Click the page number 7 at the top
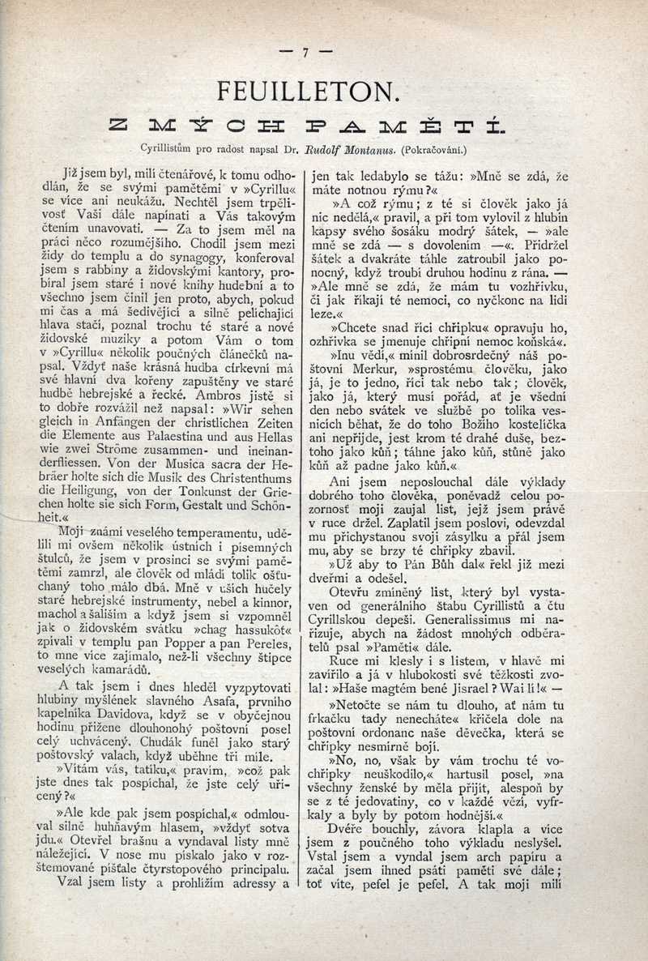click(306, 53)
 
